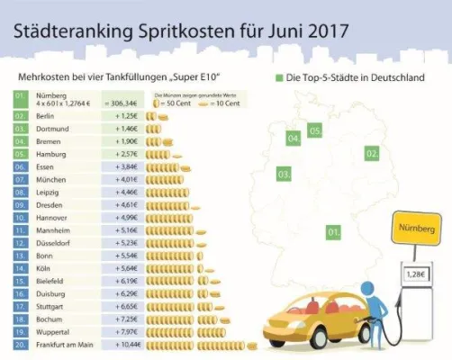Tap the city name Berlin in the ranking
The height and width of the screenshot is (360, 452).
click(x=48, y=116)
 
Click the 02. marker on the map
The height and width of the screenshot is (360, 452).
click(x=371, y=154)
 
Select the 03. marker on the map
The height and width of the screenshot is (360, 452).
click(x=283, y=173)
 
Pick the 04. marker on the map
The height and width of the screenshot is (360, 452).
click(x=294, y=139)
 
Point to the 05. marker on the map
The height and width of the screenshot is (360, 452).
click(x=315, y=131)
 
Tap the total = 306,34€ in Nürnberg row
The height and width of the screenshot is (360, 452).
click(x=123, y=104)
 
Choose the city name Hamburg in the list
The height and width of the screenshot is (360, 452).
click(x=52, y=154)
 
